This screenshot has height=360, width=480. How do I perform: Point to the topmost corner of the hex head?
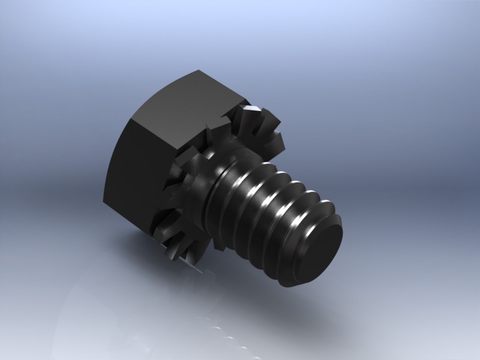point(199,71)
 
